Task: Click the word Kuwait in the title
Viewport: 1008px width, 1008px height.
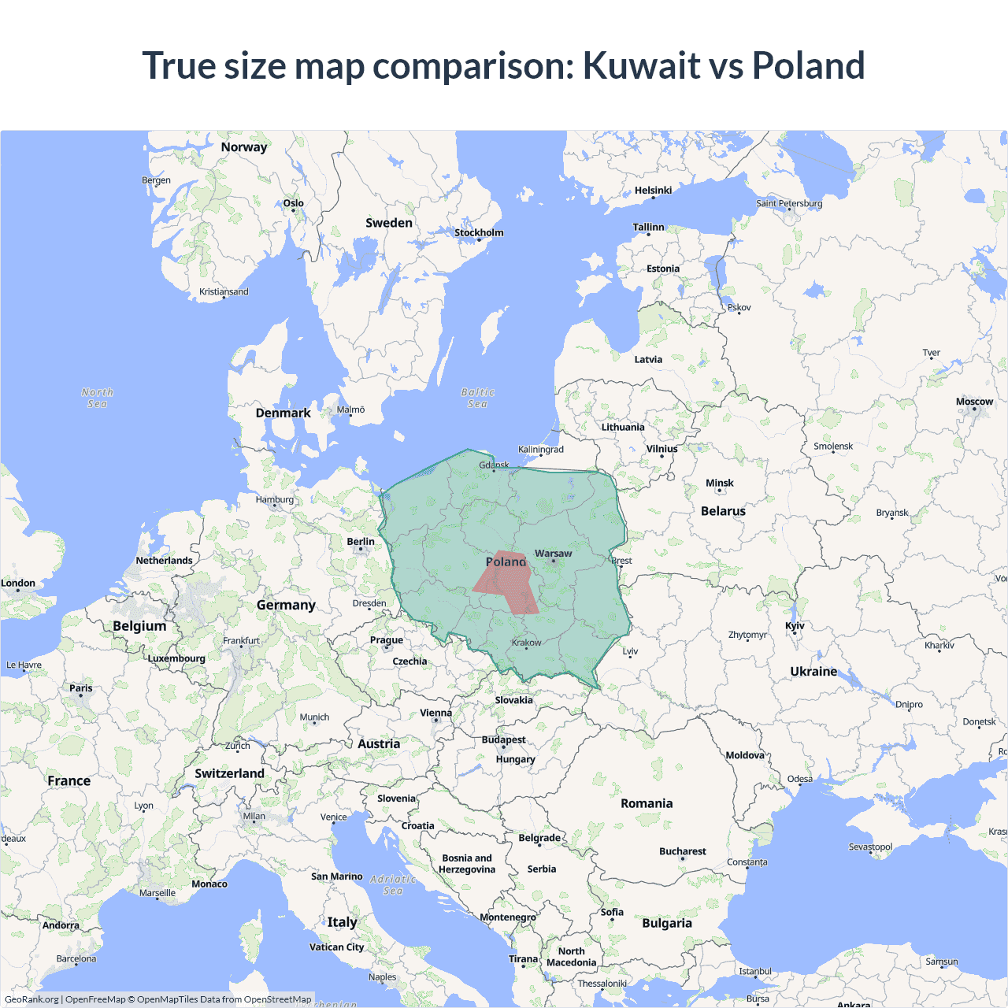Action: click(x=641, y=65)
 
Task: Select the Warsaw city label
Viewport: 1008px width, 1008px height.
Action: click(x=553, y=554)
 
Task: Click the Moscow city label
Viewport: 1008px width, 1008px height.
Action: click(x=974, y=402)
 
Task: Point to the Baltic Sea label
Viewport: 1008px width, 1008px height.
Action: click(x=477, y=398)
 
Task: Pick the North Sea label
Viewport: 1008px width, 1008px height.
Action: click(x=97, y=398)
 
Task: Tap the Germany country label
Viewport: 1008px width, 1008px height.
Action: click(x=286, y=605)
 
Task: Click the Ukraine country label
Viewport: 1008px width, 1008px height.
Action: click(x=813, y=672)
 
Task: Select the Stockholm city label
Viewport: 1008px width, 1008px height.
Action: click(x=479, y=232)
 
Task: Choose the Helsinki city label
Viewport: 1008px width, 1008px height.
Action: click(x=653, y=191)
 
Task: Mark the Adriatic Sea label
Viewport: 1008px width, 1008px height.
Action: click(x=392, y=884)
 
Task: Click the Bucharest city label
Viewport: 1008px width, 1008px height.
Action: click(x=682, y=851)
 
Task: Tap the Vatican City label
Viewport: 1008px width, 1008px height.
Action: click(x=336, y=947)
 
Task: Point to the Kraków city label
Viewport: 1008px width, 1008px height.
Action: click(x=526, y=643)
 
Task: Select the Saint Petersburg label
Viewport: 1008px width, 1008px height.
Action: click(x=789, y=203)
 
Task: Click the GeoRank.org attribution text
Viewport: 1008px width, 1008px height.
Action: click(x=31, y=999)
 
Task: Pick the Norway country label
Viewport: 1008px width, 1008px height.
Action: click(x=243, y=147)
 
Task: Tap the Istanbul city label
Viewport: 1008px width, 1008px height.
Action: click(x=754, y=971)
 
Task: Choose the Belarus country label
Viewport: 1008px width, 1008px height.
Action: click(x=723, y=511)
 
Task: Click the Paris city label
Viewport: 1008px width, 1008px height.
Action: click(x=80, y=688)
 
